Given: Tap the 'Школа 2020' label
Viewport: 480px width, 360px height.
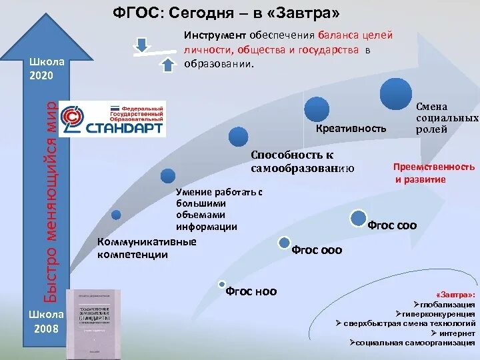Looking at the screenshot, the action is point(47,68).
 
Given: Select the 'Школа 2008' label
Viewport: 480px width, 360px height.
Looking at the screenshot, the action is point(47,321).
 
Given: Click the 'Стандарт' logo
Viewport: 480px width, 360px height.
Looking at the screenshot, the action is point(112,120).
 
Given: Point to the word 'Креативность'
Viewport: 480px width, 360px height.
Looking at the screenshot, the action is point(351,128).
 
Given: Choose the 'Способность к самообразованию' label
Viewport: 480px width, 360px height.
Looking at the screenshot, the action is point(302,162).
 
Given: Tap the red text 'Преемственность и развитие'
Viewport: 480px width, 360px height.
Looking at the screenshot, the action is point(433,173).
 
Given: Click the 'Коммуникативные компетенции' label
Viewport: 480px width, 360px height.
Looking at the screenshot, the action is point(147,248).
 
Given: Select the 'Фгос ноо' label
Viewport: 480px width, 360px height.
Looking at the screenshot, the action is point(251,291).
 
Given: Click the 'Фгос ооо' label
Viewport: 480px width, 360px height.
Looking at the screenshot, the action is point(317,250).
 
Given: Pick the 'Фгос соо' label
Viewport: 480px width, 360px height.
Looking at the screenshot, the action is point(392,225).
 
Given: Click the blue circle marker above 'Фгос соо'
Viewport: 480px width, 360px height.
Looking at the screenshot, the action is point(359,217).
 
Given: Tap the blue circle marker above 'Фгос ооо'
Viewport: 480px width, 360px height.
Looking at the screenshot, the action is point(284,243).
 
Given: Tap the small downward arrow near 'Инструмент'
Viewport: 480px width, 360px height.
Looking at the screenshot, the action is point(141,44).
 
